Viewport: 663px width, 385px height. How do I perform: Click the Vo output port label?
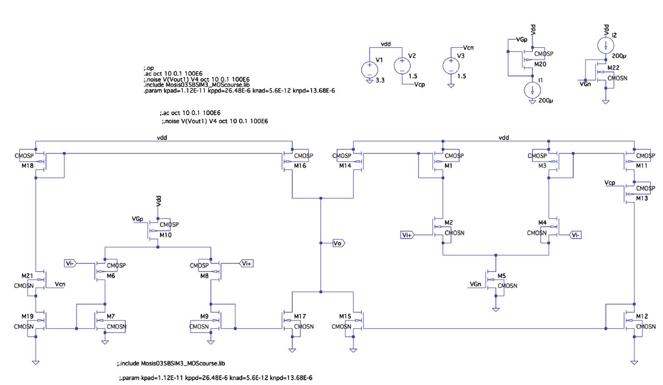(338, 243)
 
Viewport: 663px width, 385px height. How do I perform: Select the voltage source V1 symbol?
(369, 69)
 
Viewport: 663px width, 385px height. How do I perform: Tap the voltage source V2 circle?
(402, 66)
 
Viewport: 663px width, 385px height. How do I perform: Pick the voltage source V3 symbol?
(451, 66)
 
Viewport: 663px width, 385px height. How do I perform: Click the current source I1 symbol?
(532, 90)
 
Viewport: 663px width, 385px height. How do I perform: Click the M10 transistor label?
(166, 235)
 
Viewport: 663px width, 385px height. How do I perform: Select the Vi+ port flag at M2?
(407, 235)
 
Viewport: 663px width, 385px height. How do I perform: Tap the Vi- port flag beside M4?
(575, 235)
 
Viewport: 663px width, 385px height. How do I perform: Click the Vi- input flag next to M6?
(70, 263)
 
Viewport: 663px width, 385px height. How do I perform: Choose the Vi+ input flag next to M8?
(246, 263)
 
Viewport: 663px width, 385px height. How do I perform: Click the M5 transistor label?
(501, 276)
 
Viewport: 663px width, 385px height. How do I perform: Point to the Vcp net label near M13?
(610, 183)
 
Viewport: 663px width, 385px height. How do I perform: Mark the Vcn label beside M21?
(60, 284)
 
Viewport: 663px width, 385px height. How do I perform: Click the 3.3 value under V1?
(380, 80)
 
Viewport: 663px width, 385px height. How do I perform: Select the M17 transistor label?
(300, 316)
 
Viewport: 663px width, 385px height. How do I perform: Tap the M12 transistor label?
(642, 316)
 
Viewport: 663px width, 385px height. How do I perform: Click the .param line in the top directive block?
(239, 90)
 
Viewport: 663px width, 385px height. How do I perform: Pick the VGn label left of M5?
(475, 284)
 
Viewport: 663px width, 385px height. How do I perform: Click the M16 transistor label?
(300, 166)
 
